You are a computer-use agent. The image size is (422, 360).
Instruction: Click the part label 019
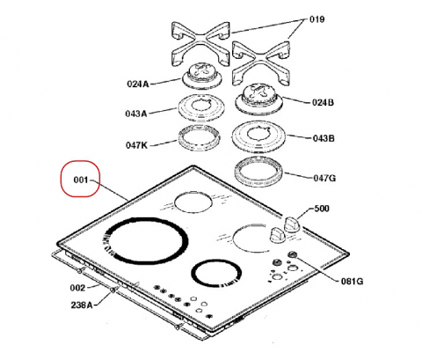(316, 19)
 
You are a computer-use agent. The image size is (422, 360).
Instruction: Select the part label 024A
(138, 84)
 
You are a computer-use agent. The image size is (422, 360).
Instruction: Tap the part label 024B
(323, 102)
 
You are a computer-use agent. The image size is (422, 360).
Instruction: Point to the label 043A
(136, 114)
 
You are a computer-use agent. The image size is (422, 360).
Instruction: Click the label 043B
(324, 138)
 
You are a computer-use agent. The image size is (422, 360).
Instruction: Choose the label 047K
(136, 145)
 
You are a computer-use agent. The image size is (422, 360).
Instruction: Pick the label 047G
(324, 178)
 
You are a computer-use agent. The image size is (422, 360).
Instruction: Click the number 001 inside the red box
(81, 180)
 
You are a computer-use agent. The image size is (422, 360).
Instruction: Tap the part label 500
(322, 209)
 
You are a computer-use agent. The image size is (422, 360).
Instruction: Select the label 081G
(352, 282)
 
